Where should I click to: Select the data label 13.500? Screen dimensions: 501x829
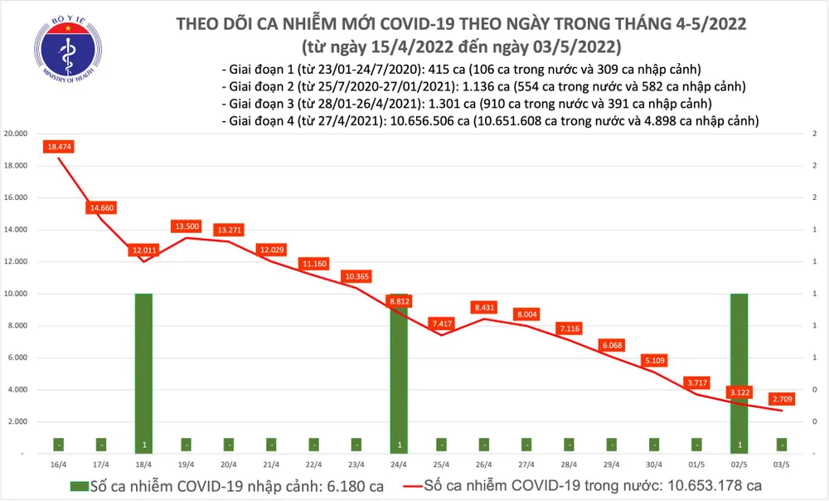point(186,226)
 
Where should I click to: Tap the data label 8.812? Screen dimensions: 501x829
point(399,302)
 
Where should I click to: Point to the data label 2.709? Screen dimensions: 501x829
point(781,397)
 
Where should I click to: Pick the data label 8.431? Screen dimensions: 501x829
point(484,306)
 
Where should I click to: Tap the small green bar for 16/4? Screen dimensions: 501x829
point(58,445)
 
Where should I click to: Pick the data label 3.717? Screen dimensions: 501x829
point(696,382)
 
